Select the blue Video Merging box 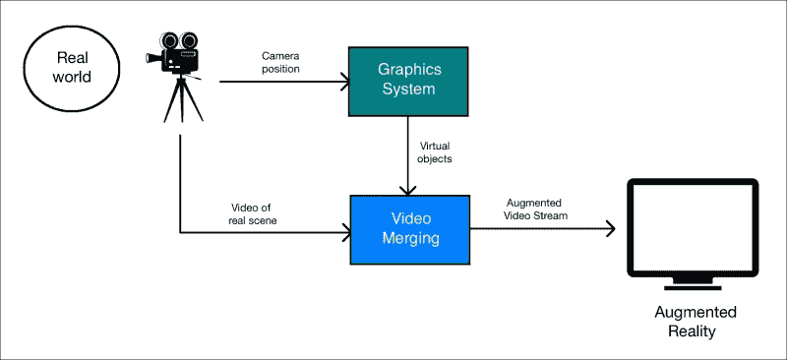(x=409, y=229)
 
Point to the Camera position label (x=281, y=62)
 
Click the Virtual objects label (x=435, y=150)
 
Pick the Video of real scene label (x=254, y=213)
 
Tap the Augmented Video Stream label (x=536, y=208)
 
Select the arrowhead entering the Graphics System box (x=345, y=81)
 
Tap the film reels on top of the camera (x=176, y=40)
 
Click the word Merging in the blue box (x=409, y=239)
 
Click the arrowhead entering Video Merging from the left (x=345, y=232)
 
